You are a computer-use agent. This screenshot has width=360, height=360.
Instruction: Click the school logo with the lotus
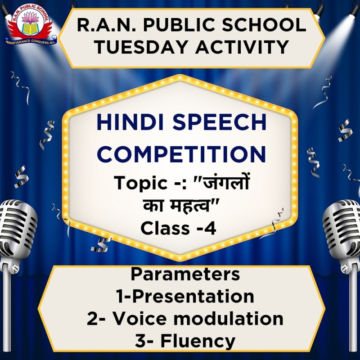[x=30, y=24]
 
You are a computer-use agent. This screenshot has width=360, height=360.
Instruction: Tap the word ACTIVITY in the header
[x=242, y=47]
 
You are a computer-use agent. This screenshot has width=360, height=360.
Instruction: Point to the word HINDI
[x=130, y=122]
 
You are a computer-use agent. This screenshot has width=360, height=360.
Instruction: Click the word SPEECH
[x=219, y=122]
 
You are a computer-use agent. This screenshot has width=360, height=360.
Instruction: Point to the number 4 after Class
[x=210, y=229]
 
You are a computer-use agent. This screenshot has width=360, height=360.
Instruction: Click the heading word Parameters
[x=185, y=274]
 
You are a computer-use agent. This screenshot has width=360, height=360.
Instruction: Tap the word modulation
[x=228, y=319]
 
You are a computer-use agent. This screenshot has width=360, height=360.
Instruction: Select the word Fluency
[x=198, y=342]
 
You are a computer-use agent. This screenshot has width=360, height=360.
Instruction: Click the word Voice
[x=140, y=319]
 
